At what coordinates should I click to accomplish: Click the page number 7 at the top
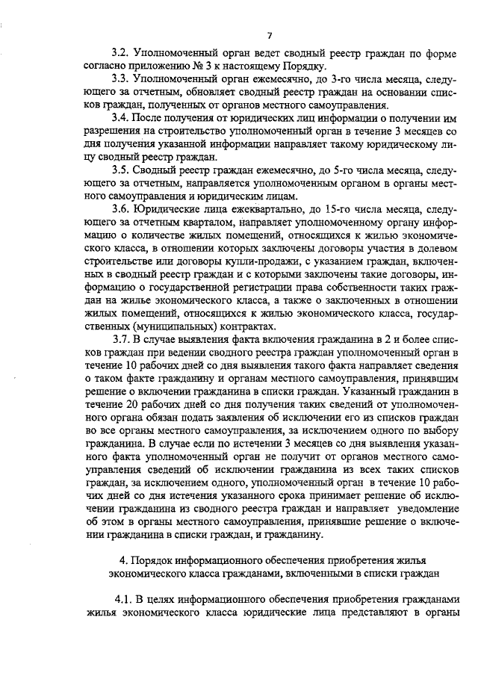click(x=270, y=36)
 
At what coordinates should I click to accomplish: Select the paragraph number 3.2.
click(x=120, y=55)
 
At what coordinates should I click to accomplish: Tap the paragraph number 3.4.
click(x=120, y=118)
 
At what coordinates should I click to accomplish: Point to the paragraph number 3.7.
click(x=120, y=340)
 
